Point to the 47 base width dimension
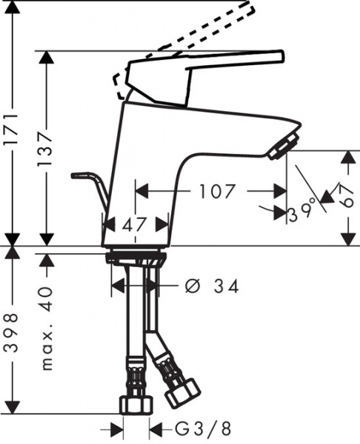135,223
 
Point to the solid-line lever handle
207,70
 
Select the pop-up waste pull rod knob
76,175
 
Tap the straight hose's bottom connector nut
136,403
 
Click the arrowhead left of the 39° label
279,213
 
